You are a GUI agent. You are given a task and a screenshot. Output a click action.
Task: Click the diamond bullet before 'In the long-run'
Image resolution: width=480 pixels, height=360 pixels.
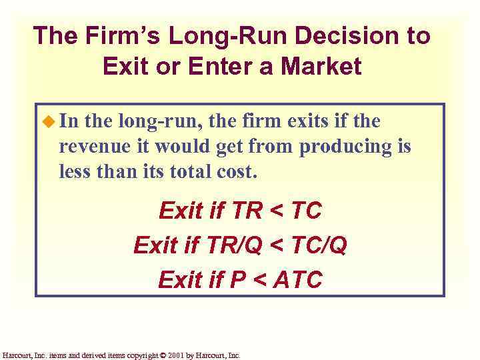[x=49, y=121]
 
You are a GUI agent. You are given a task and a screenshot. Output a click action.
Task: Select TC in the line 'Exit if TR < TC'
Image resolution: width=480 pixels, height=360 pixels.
[x=307, y=211]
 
